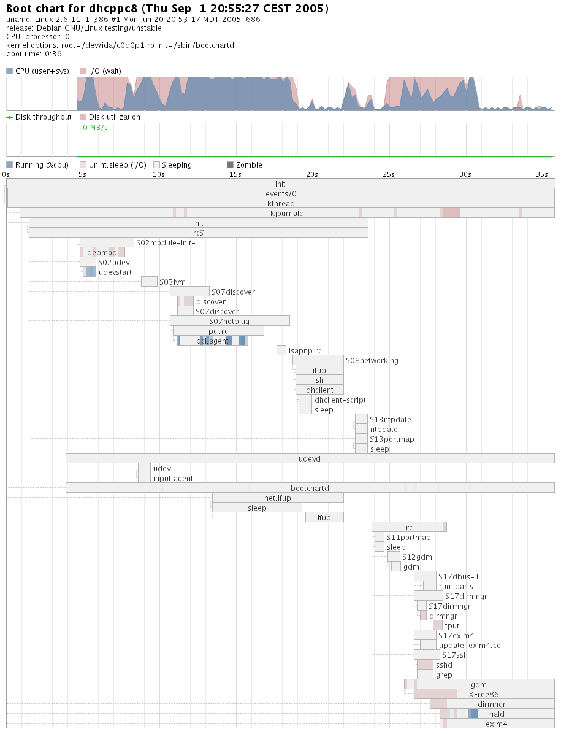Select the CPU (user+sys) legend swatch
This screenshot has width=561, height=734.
9,71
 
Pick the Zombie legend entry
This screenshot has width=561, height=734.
245,165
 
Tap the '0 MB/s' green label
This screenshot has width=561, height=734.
95,128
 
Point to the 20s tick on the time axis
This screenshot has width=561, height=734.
312,174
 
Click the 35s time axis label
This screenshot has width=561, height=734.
541,174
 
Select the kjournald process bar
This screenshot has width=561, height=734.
287,213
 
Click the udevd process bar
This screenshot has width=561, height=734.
310,458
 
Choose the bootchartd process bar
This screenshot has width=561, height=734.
310,488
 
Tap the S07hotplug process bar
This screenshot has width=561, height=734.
229,321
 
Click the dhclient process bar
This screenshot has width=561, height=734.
319,390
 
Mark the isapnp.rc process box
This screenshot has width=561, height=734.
281,350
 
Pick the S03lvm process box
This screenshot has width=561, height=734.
149,282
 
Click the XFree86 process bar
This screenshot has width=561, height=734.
484,694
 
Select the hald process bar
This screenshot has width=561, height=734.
497,714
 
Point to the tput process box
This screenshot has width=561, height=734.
437,625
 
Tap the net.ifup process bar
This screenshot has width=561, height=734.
278,498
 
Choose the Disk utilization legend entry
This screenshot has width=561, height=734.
114,117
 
